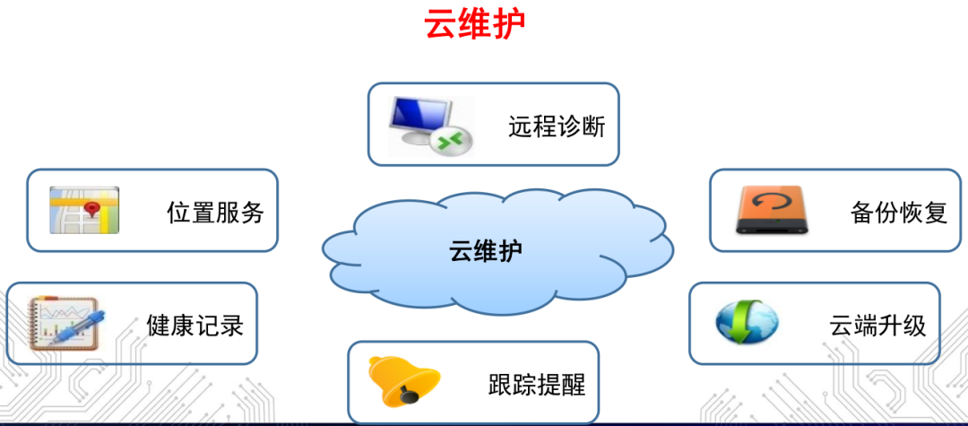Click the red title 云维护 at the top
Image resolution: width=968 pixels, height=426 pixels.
click(x=474, y=24)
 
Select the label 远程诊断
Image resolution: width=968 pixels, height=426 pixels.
click(x=557, y=126)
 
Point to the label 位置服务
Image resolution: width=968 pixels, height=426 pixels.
click(x=215, y=213)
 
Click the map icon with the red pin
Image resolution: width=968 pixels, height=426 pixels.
click(x=84, y=211)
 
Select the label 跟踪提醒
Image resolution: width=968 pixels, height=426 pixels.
click(x=536, y=385)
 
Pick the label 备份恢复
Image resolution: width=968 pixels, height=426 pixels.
click(x=898, y=213)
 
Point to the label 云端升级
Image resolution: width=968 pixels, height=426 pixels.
click(x=877, y=325)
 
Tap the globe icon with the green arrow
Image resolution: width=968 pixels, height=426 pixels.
click(x=747, y=323)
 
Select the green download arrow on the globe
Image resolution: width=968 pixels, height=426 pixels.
click(x=741, y=326)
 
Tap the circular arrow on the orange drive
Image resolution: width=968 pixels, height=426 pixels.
click(x=769, y=204)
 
